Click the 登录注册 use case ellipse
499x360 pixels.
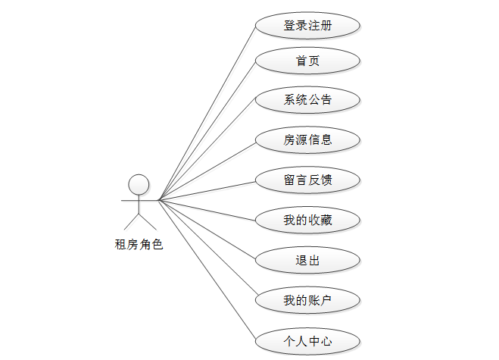pos(307,25)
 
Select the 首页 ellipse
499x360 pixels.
pos(307,61)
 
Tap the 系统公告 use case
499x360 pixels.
pos(307,99)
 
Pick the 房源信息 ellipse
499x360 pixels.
pos(307,139)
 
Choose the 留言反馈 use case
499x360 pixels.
pos(307,180)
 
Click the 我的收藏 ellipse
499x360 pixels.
pos(307,221)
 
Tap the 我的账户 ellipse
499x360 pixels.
pos(307,301)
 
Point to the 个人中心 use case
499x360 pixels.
pos(307,341)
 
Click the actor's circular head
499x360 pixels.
pos(139,185)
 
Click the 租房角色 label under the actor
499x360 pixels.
pos(139,244)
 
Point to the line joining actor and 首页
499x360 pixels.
pos(207,130)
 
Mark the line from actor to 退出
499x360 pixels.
pos(207,230)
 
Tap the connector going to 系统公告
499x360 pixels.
pos(207,149)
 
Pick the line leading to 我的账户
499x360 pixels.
pos(207,250)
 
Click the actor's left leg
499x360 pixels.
pos(132,222)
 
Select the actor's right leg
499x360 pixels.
pos(148,222)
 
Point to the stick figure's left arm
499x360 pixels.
pos(129,201)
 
